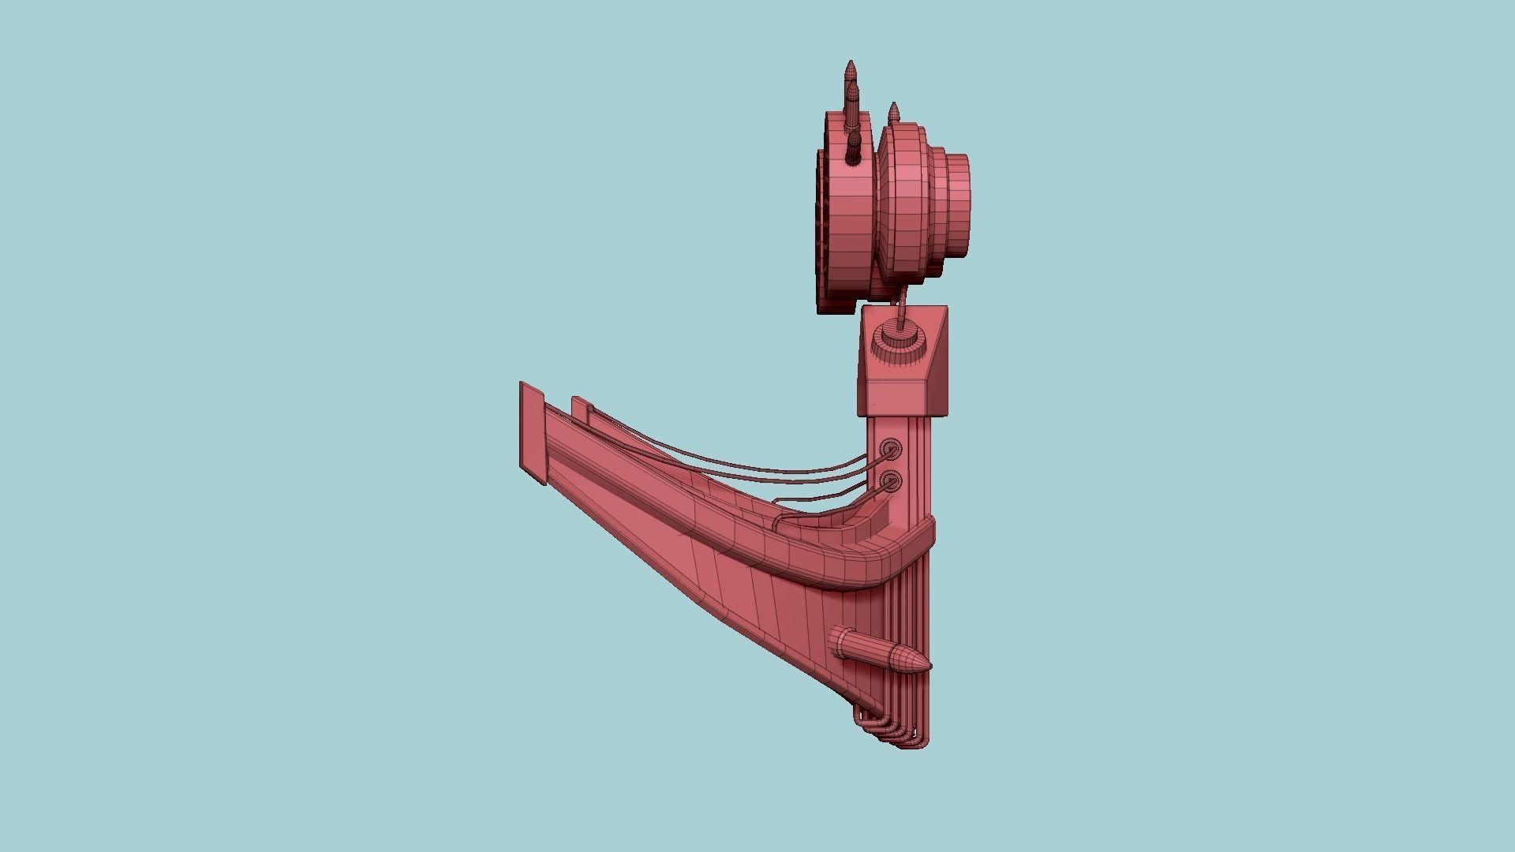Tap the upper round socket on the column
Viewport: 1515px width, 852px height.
click(x=891, y=450)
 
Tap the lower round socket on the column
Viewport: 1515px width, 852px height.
click(x=891, y=480)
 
